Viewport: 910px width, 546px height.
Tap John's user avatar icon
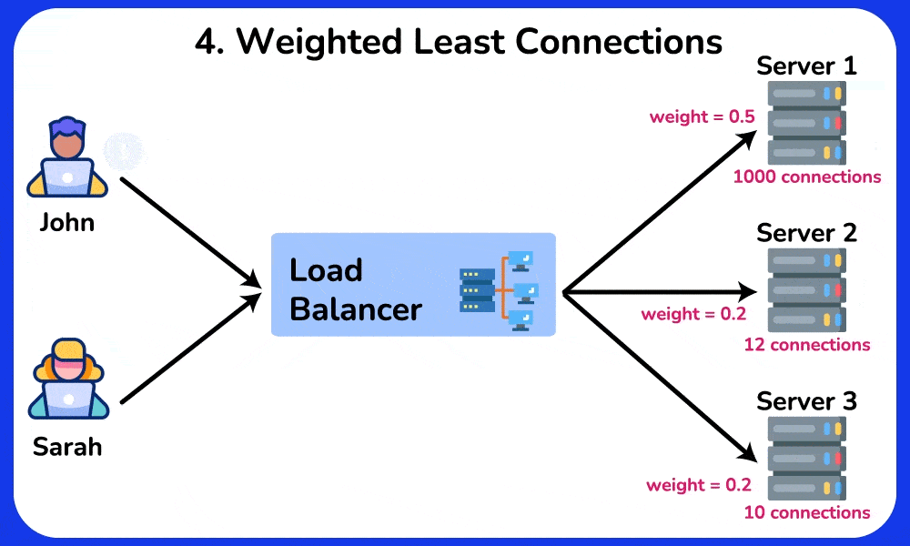click(x=66, y=157)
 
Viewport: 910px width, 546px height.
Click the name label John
click(x=66, y=222)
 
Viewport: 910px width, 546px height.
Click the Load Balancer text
click(x=355, y=289)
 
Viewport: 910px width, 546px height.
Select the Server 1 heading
click(x=806, y=66)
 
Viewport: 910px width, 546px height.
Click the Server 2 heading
click(x=806, y=233)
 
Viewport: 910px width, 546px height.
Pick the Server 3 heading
click(x=806, y=401)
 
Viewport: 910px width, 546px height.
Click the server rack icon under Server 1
click(x=806, y=122)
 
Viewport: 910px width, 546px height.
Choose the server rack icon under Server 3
click(x=806, y=458)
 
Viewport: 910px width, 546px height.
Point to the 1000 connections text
click(x=807, y=177)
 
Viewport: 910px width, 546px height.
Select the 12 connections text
click(x=807, y=345)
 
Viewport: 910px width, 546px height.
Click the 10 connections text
click(x=807, y=512)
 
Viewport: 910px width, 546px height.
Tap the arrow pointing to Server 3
click(x=660, y=375)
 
